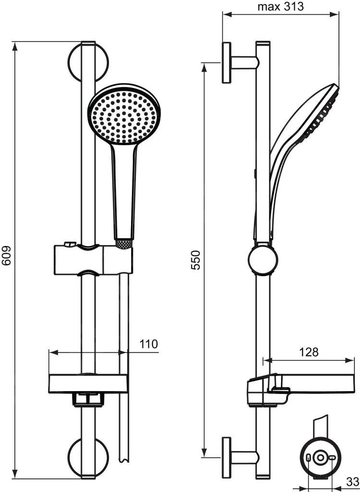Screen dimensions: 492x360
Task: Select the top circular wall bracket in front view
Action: tap(88, 63)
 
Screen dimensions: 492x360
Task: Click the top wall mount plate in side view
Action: tap(227, 63)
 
